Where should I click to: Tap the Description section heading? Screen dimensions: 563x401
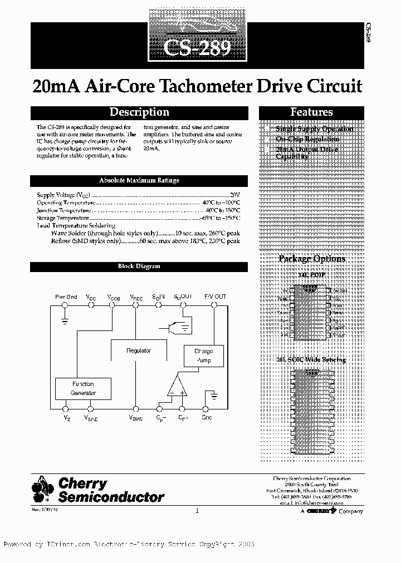click(x=139, y=112)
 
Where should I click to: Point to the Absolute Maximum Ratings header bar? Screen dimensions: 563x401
click(x=139, y=180)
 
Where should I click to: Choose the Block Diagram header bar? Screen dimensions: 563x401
click(x=139, y=266)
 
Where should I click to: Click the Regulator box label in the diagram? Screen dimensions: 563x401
click(x=139, y=350)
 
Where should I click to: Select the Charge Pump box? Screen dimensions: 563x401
click(x=203, y=356)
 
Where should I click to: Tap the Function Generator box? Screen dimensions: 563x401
click(x=83, y=388)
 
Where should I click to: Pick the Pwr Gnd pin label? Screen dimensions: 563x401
click(x=66, y=297)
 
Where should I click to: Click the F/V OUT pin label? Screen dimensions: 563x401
click(x=215, y=297)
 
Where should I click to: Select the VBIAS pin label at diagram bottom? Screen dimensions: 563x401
click(x=135, y=417)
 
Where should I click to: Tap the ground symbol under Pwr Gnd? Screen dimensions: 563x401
click(x=66, y=321)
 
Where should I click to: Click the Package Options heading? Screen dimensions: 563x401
click(x=311, y=259)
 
